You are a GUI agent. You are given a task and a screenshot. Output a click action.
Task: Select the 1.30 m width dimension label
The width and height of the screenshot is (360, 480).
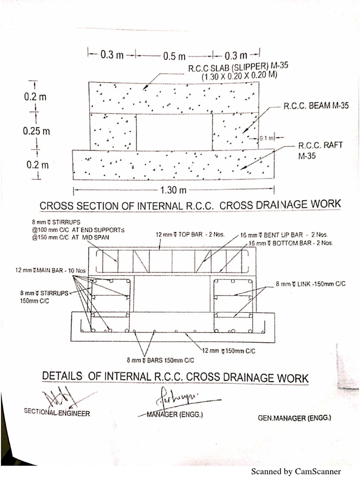[173, 190]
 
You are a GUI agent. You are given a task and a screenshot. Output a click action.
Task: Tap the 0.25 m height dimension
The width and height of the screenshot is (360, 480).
[36, 131]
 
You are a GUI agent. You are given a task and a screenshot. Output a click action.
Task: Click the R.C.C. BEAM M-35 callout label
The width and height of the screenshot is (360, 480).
[316, 106]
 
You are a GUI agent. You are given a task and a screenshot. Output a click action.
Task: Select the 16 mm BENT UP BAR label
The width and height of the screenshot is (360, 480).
[284, 235]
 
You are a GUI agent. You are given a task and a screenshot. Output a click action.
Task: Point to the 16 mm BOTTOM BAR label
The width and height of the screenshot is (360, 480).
[290, 243]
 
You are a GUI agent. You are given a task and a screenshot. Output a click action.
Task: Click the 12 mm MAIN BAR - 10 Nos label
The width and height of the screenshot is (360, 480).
[44, 270]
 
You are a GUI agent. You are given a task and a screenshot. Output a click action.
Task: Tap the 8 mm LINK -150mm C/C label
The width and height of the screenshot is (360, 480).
[310, 284]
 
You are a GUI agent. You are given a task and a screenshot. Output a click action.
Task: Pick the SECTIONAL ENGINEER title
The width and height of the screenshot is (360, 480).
[57, 413]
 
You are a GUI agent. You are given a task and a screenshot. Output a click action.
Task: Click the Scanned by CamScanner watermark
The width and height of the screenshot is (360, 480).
[296, 472]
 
